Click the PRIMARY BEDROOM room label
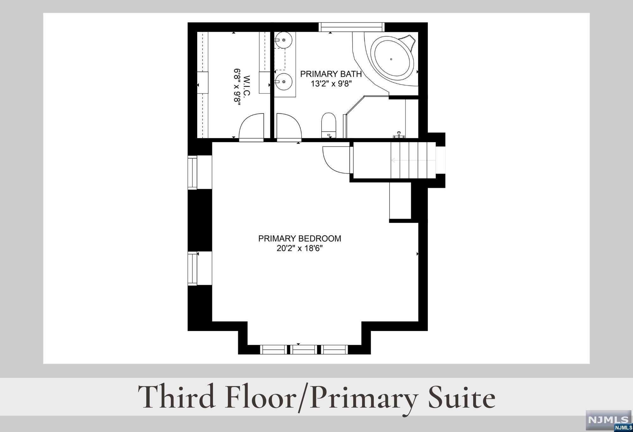[300, 238]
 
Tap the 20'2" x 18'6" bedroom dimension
[300, 249]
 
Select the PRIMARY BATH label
[331, 74]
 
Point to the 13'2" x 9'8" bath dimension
[331, 84]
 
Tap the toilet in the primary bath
[329, 125]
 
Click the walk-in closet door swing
[251, 127]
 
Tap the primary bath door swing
[289, 127]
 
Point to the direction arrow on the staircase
[413, 160]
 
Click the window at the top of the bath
[351, 27]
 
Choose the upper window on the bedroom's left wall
[192, 172]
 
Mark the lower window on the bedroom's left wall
[192, 268]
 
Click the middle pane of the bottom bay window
[304, 349]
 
